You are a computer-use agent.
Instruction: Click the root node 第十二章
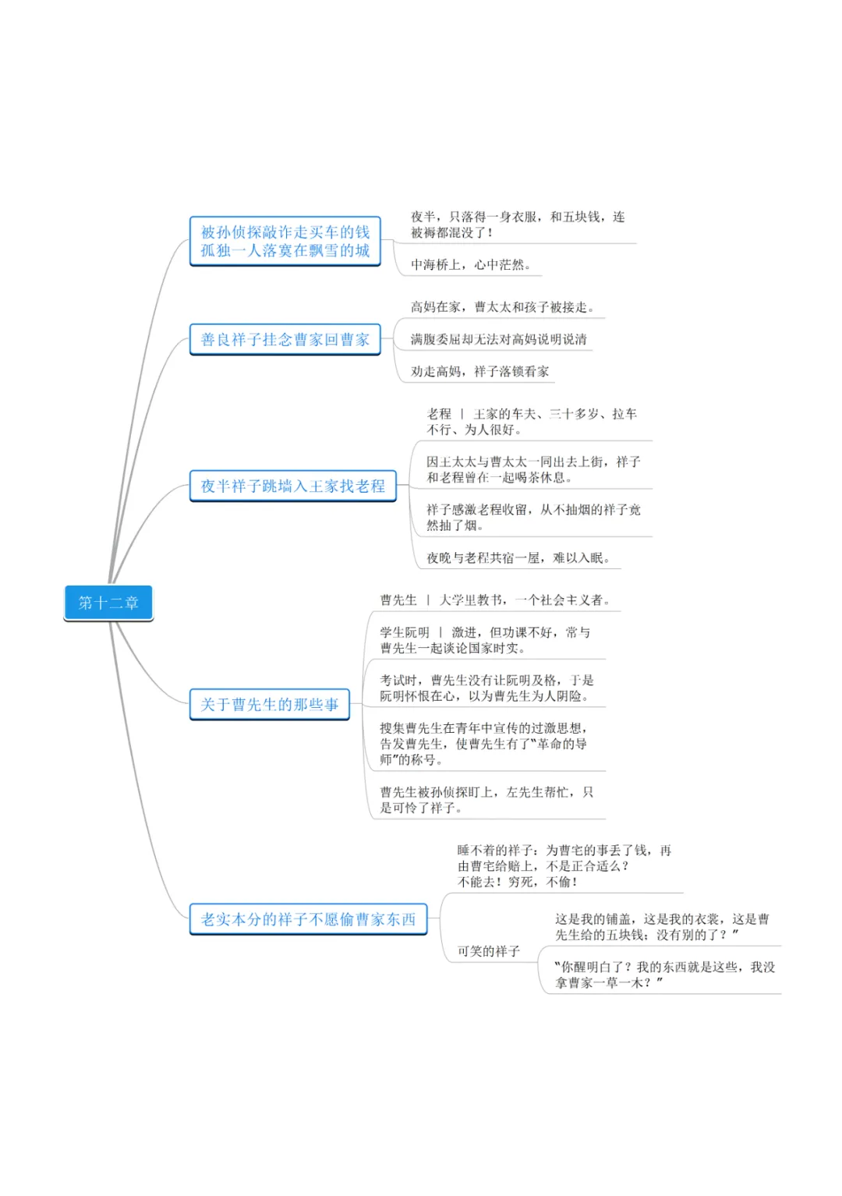[108, 603]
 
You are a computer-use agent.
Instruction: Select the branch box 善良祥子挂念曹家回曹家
[285, 340]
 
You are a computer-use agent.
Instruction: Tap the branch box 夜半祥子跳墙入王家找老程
[292, 487]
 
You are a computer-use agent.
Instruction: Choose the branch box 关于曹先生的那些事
[269, 705]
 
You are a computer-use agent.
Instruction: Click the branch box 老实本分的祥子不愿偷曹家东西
[308, 920]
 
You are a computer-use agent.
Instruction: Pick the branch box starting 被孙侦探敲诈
[285, 242]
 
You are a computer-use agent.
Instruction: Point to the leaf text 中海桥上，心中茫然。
[471, 265]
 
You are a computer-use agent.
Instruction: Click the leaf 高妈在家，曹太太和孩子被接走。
[503, 307]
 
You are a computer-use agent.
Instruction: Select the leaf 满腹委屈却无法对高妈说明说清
[499, 339]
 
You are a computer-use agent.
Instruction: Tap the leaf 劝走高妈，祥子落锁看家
[479, 372]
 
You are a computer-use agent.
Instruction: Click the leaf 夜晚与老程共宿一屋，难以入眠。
[518, 558]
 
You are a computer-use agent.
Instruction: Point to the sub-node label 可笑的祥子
[488, 951]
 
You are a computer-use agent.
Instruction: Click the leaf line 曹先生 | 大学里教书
[495, 600]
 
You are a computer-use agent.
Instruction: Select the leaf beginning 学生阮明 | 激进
[485, 640]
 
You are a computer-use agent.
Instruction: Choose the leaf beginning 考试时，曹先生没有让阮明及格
[486, 688]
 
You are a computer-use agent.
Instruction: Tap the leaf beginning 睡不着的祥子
[564, 866]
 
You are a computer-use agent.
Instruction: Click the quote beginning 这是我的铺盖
[662, 927]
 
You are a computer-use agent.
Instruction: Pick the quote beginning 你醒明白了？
[665, 975]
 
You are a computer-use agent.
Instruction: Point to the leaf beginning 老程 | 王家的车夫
[532, 422]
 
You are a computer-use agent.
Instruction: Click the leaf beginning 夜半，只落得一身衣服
[518, 225]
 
